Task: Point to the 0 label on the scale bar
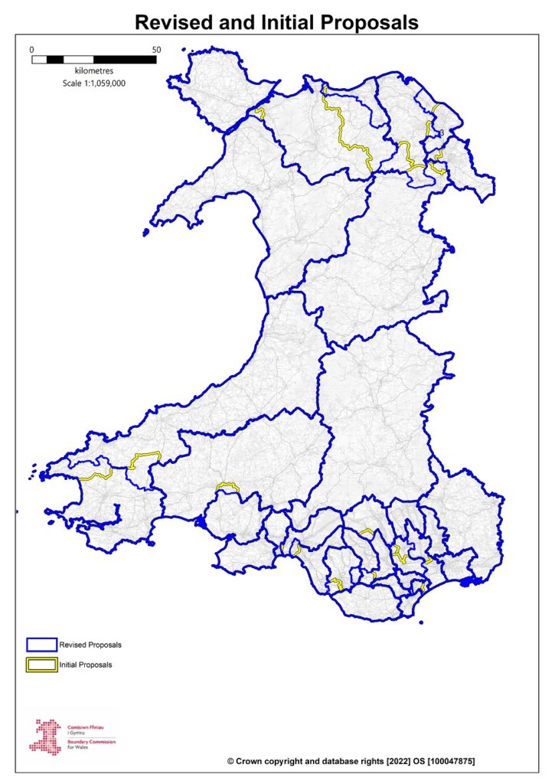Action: (x=32, y=50)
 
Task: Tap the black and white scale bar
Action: (x=93, y=59)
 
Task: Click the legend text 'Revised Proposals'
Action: (x=90, y=645)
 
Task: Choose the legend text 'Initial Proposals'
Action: (x=86, y=665)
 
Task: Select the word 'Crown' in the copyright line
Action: (x=253, y=763)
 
